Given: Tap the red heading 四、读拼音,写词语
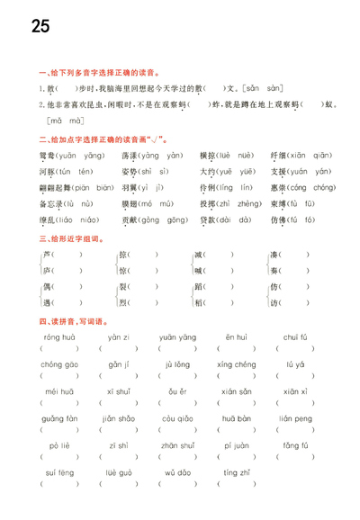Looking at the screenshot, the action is [75, 321].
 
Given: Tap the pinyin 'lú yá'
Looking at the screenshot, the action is [296, 364].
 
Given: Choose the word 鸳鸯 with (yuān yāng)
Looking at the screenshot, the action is [67, 155].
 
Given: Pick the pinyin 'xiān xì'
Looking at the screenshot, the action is [295, 391].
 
